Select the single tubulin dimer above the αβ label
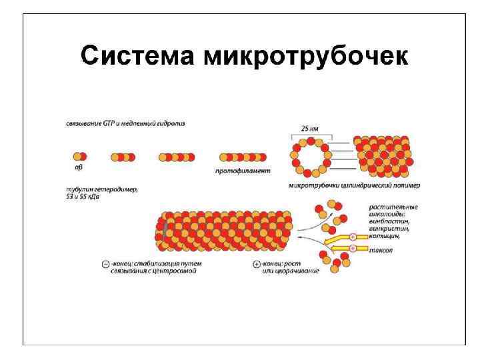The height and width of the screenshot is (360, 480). coord(78,157)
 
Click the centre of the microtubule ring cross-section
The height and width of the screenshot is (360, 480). coord(310,158)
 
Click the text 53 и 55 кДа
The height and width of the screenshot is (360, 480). coord(87,197)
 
